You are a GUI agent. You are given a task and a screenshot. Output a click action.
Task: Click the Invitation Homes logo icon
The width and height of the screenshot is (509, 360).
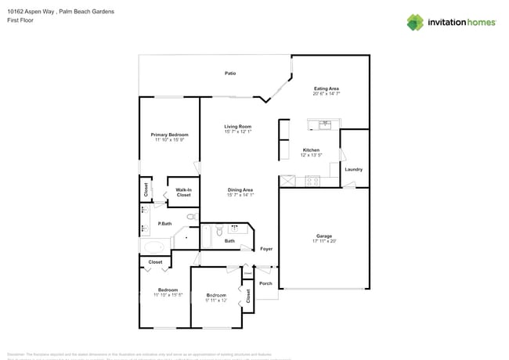tap(415, 22)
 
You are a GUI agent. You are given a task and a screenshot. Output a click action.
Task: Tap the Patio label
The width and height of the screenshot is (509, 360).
tap(230, 74)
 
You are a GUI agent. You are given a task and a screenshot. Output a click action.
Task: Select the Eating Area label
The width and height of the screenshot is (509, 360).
tap(327, 88)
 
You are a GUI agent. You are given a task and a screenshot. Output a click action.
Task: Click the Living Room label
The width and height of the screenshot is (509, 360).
tap(237, 126)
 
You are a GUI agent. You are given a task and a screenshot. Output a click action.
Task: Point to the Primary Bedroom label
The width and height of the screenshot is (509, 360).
tap(169, 135)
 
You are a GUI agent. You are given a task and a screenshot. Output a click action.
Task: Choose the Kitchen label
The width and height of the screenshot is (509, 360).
tap(311, 149)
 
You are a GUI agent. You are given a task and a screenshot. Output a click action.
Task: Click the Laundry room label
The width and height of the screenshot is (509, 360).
tap(353, 169)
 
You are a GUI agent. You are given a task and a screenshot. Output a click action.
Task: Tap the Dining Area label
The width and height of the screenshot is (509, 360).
tap(240, 189)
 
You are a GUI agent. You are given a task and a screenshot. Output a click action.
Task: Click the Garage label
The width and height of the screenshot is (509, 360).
tap(324, 236)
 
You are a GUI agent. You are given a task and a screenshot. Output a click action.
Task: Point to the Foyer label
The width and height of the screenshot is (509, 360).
tap(266, 249)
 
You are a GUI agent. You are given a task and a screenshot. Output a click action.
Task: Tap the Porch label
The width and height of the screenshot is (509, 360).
tap(265, 283)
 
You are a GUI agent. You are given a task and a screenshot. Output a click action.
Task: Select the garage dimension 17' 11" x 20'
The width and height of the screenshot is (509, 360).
tap(324, 241)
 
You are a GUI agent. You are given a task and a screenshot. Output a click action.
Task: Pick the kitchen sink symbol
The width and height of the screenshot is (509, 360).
tap(325, 124)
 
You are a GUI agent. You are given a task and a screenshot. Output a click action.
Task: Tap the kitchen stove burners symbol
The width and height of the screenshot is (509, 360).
tap(312, 181)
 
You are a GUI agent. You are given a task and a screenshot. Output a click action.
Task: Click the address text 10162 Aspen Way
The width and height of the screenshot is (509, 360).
tap(31, 12)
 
